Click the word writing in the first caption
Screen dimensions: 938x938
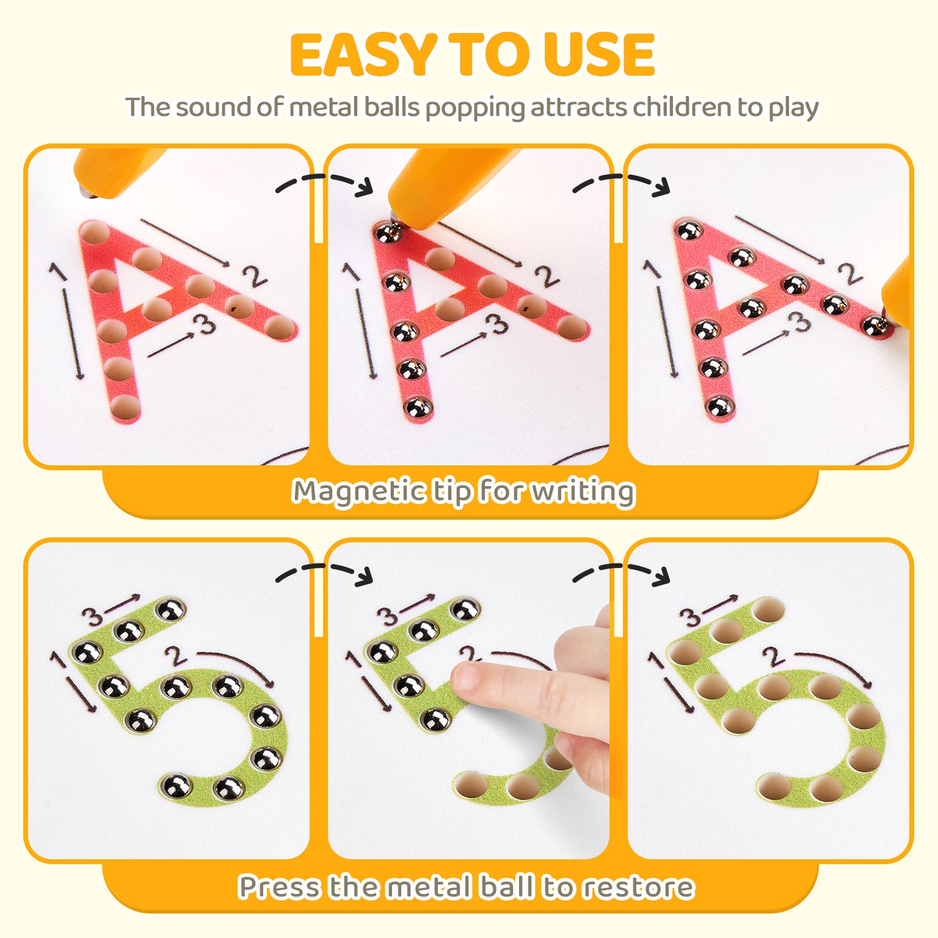pos(583,492)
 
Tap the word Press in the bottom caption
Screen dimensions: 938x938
pos(278,887)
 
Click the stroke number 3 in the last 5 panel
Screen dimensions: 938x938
pos(691,617)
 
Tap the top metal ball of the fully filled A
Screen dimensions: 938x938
pos(689,231)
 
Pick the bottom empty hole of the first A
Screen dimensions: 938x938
pos(125,405)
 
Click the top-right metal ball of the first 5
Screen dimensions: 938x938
pos(170,609)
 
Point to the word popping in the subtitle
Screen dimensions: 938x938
pos(474,108)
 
